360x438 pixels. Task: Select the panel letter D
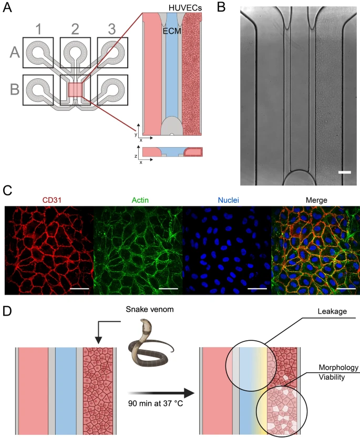click(9, 311)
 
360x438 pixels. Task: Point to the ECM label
click(170, 30)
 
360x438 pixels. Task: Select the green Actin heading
click(138, 200)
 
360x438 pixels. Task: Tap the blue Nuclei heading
click(226, 200)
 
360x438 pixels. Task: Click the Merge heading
click(315, 200)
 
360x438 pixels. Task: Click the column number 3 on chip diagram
click(111, 29)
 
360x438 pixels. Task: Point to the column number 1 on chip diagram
click(38, 29)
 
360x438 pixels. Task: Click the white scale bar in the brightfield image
click(344, 172)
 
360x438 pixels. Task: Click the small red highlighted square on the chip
click(75, 90)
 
